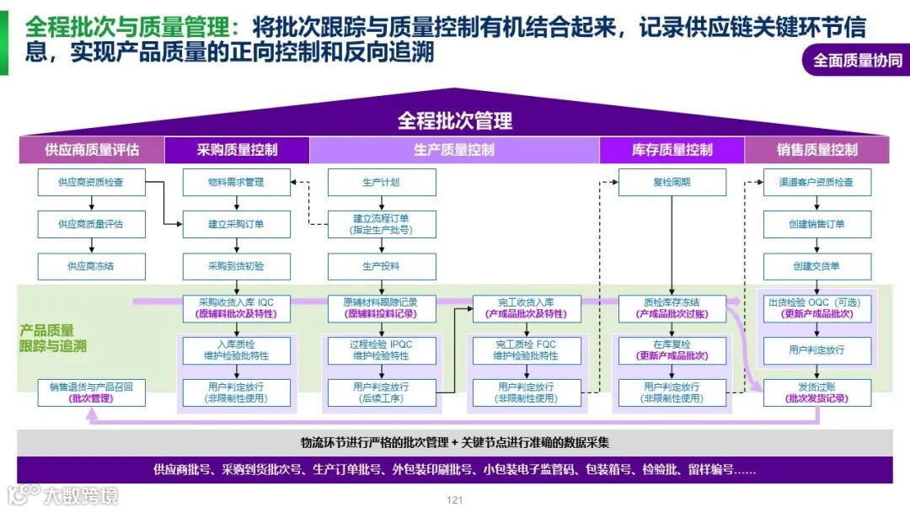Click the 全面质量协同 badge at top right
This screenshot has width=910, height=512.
[x=857, y=61]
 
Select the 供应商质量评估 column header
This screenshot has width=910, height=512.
[x=92, y=150]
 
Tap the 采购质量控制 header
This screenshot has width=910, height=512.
[x=237, y=150]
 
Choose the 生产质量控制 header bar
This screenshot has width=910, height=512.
[x=454, y=150]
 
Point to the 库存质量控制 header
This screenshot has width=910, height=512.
[x=672, y=150]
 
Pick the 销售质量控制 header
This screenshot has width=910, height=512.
[x=816, y=150]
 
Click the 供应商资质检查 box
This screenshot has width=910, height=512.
[x=91, y=182]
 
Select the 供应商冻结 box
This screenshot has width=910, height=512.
[x=91, y=266]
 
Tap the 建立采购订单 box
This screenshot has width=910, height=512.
[x=237, y=224]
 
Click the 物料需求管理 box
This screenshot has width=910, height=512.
[x=237, y=182]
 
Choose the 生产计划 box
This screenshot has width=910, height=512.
[x=382, y=182]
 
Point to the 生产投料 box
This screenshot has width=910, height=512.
[x=382, y=266]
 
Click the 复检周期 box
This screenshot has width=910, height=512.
[x=672, y=182]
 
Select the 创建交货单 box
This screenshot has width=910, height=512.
[x=816, y=266]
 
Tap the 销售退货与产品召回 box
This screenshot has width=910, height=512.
[x=91, y=392]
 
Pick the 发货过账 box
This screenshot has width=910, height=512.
[x=816, y=392]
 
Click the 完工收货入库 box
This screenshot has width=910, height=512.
[x=527, y=308]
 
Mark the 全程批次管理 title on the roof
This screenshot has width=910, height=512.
[x=454, y=120]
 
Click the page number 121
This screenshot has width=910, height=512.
[x=455, y=500]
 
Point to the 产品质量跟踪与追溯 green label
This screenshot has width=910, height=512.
[x=52, y=338]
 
